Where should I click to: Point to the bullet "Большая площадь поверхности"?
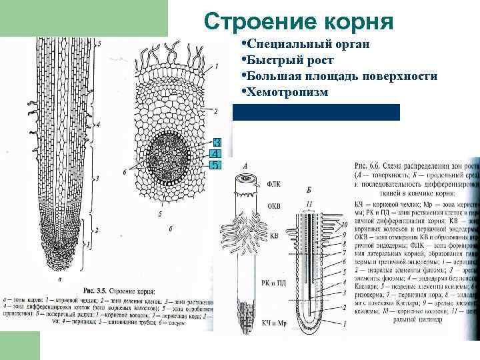[x=341, y=76]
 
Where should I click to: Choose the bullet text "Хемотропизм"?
[x=287, y=92]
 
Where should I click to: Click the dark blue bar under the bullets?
[x=316, y=112]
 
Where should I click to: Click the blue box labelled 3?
[x=216, y=143]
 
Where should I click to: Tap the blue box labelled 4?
[x=216, y=154]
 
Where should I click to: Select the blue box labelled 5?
[x=216, y=165]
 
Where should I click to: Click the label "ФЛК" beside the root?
[x=274, y=181]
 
